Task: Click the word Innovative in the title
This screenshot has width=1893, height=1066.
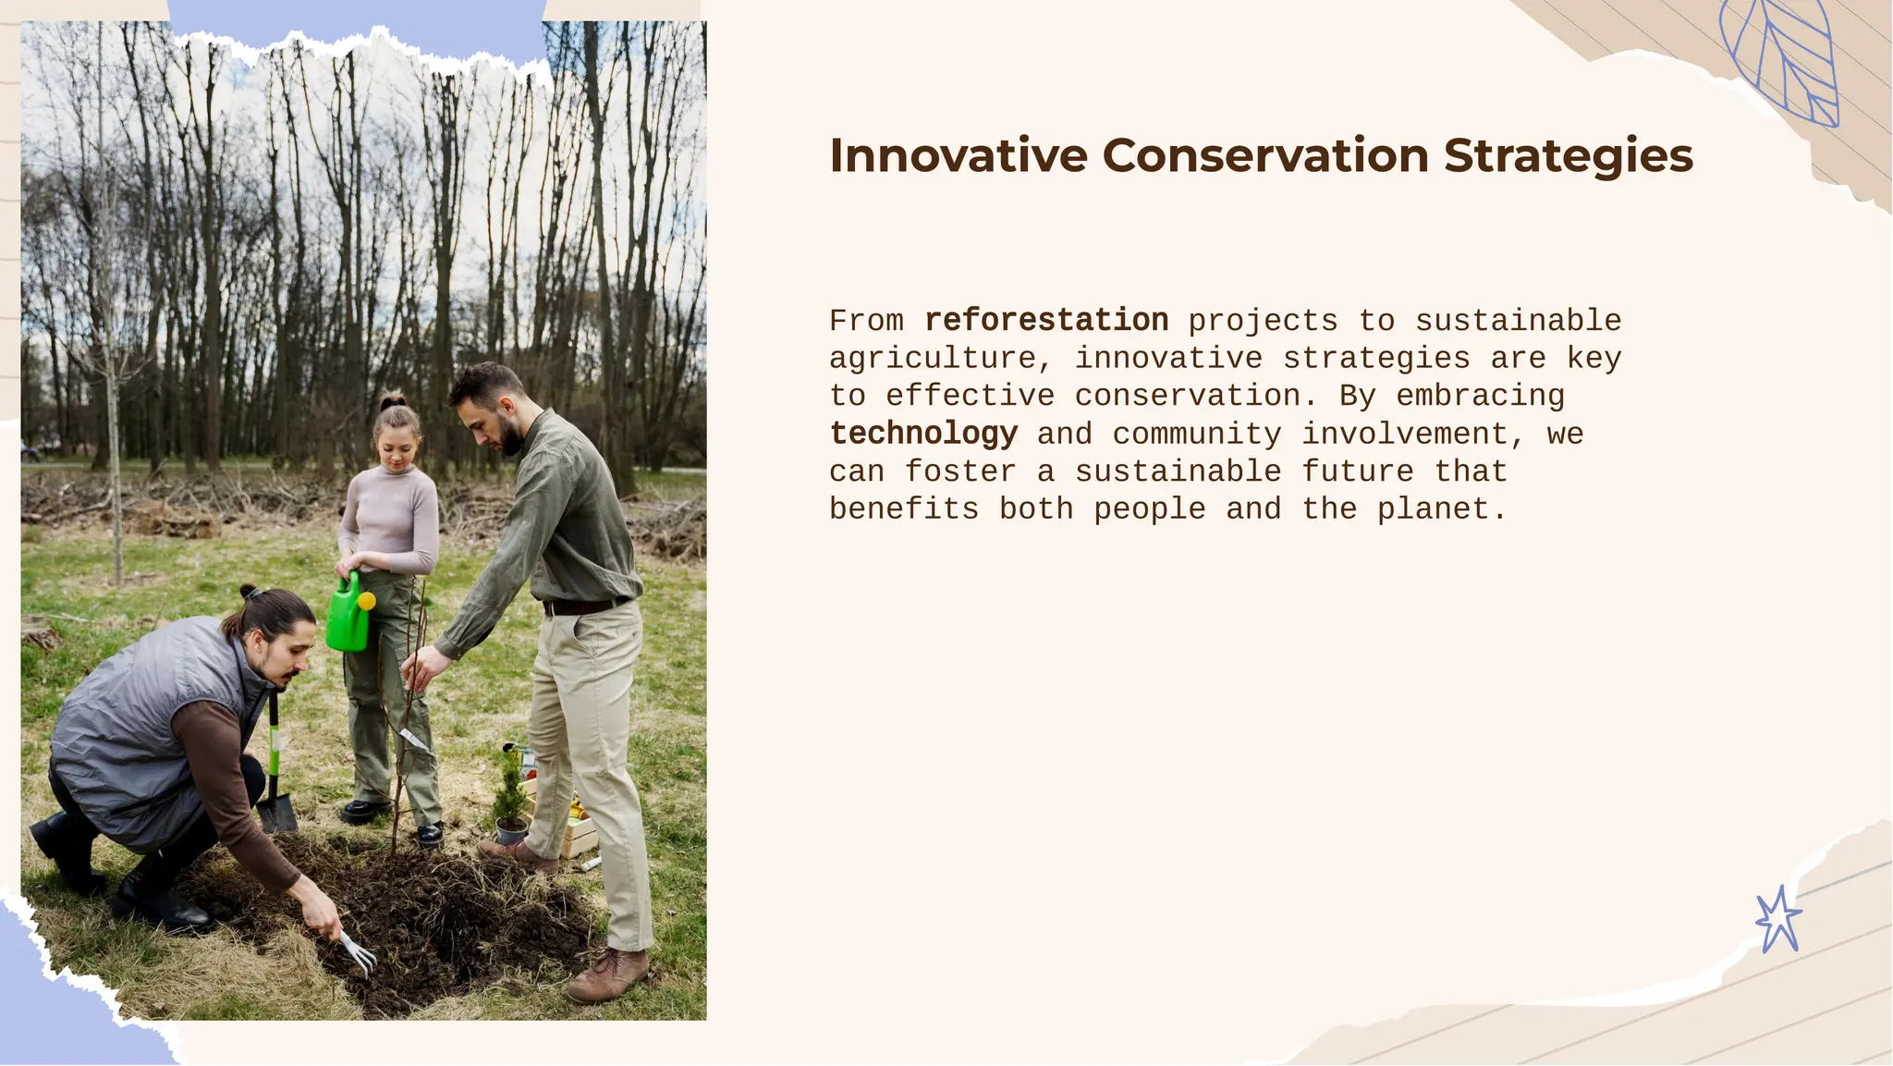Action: coord(958,155)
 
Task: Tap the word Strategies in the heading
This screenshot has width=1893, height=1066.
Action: coord(1568,157)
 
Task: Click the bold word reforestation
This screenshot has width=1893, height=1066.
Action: coord(1046,321)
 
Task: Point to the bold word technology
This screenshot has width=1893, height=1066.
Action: coord(923,434)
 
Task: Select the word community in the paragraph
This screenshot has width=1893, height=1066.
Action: coord(1196,434)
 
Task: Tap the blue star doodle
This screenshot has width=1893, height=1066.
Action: coord(1777,920)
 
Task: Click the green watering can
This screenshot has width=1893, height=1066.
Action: coord(348,616)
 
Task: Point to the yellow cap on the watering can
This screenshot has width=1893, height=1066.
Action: coord(367,601)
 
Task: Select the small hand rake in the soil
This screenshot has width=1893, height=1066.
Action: coord(357,953)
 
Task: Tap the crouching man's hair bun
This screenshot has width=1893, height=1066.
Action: coord(249,592)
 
